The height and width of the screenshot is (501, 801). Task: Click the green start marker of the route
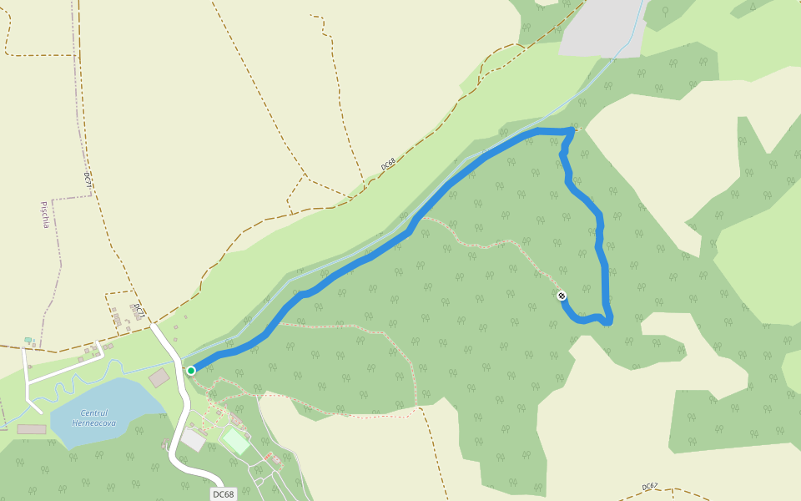[191, 371]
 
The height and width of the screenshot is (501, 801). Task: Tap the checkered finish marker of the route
[562, 296]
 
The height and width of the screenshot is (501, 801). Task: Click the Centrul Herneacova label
[93, 418]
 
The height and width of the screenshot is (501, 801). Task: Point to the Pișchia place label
[45, 215]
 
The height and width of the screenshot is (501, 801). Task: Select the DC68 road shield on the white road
[223, 494]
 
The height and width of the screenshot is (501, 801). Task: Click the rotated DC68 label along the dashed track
[387, 164]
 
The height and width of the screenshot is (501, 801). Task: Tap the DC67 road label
[650, 486]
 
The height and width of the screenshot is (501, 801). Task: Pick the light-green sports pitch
[236, 441]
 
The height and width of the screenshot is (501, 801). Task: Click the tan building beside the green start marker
[159, 377]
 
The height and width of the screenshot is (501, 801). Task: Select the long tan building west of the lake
[32, 429]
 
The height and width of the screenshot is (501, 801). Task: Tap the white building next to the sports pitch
[193, 439]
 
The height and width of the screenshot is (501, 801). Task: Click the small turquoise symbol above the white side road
[28, 340]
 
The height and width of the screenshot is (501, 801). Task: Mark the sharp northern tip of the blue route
[572, 129]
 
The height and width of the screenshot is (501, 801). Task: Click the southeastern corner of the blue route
[608, 321]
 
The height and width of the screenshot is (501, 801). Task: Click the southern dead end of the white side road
[39, 412]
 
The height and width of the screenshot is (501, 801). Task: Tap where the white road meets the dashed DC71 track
[152, 325]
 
